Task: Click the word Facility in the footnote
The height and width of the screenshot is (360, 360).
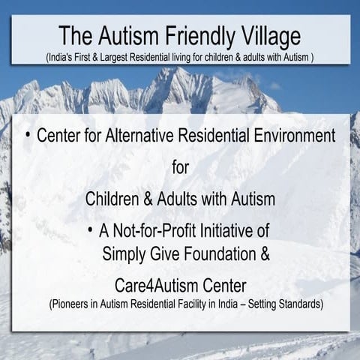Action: (207, 305)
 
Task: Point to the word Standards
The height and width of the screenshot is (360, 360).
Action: (298, 305)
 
